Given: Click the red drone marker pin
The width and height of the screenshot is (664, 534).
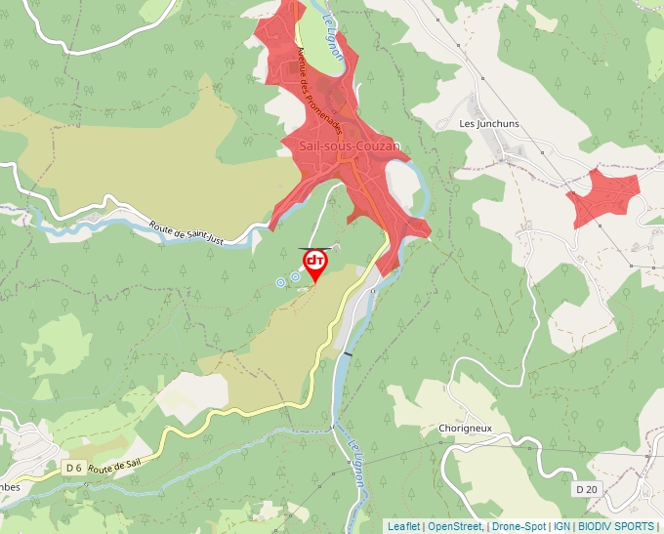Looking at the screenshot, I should pos(314,264).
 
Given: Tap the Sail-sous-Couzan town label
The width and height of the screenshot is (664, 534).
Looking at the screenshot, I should pos(350,146).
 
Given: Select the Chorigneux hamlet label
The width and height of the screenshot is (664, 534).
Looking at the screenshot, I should pos(465,429).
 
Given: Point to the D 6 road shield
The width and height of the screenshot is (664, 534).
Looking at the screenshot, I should pos(74,469).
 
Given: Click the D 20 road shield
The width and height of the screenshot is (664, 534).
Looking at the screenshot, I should pos(586,488).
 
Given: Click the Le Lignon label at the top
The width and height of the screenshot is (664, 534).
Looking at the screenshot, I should pos(331,37).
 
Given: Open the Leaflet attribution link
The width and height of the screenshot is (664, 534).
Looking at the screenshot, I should pos(403,526).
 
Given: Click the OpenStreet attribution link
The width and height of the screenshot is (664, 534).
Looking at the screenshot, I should pos(455,526).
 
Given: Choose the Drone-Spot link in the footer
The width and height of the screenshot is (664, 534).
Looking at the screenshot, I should pos(519,526).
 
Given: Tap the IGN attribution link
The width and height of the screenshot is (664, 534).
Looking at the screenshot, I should pos(562,526).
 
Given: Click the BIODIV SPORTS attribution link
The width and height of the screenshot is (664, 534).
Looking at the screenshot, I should pos(615,526).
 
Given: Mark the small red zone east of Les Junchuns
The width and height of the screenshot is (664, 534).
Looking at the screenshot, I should pos(602,195).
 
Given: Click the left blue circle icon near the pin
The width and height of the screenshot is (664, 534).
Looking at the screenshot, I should pos(280,282).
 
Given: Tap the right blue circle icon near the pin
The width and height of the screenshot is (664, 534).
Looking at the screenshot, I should pos(295,277).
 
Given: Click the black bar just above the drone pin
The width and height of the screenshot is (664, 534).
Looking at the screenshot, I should pos(314,248).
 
